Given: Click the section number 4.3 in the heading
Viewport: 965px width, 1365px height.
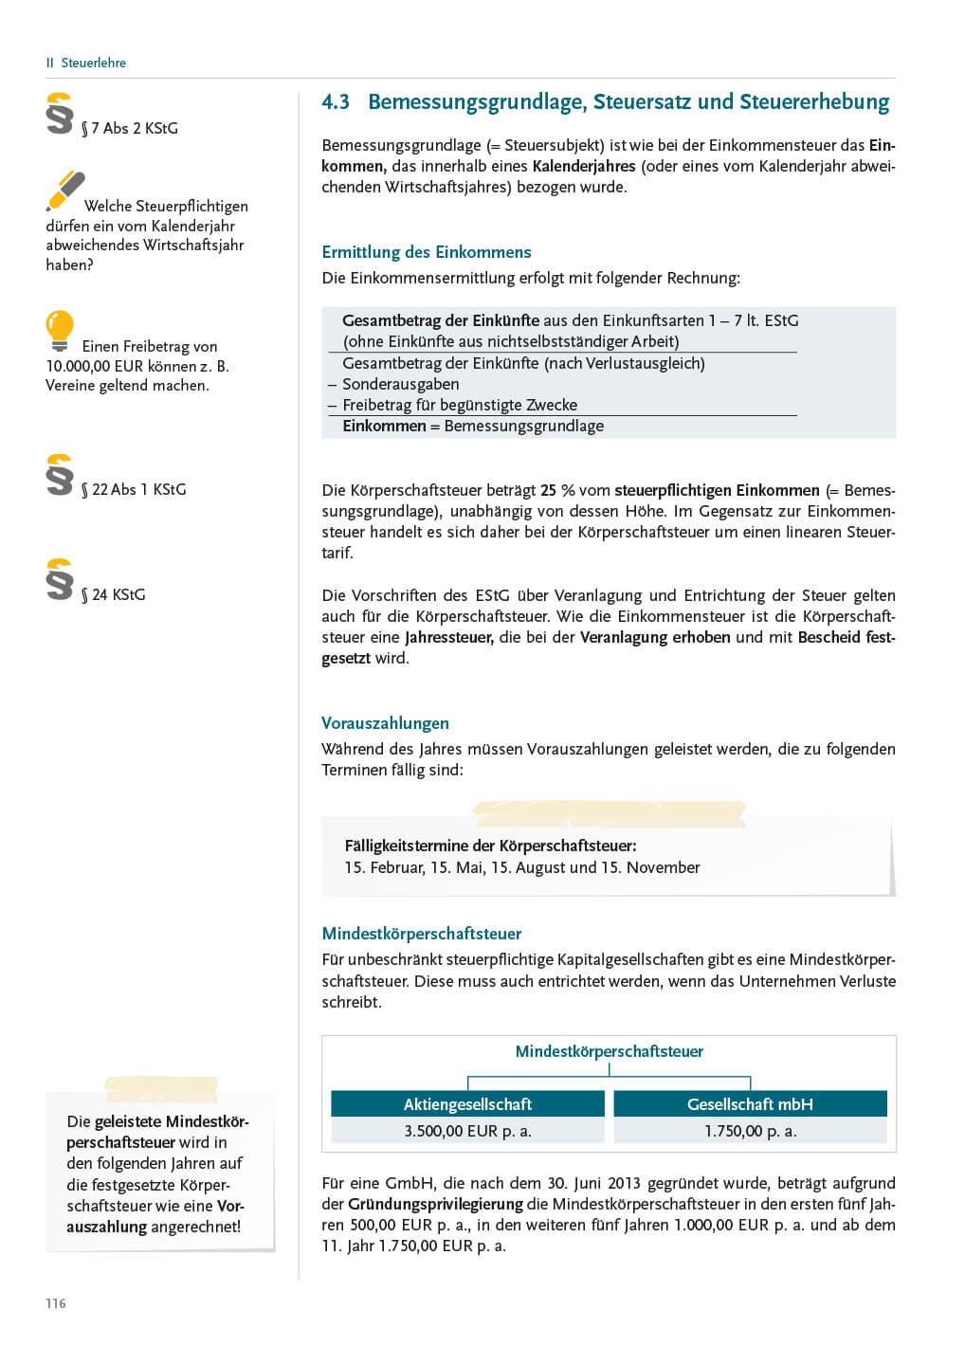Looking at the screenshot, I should pos(336,102).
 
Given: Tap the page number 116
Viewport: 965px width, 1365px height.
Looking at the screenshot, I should pos(56,1303).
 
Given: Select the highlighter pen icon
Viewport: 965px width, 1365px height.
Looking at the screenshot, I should pos(64,191).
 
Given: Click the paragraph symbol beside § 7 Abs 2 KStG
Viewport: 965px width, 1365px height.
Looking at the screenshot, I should pos(59,114).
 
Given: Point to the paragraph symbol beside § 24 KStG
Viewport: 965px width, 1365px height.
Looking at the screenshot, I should pos(59,579).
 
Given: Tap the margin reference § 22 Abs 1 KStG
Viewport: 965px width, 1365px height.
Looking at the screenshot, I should pos(134,489).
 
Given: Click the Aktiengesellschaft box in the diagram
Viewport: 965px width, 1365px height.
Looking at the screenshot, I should pos(467,1104).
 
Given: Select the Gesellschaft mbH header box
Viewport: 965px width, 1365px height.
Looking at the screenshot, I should pos(750,1104).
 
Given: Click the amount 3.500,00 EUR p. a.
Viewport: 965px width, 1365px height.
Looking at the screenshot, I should pos(467,1131).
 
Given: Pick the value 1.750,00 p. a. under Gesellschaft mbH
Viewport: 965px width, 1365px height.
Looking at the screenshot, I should pos(750,1131).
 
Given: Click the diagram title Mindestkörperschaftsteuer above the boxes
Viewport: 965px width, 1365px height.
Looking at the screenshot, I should pos(609,1051).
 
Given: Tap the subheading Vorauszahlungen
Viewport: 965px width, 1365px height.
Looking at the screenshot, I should pos(385,723).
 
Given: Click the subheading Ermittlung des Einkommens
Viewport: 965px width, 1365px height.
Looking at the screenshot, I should pos(426,252).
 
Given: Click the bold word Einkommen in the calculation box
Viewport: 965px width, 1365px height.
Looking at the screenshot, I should pos(384,427).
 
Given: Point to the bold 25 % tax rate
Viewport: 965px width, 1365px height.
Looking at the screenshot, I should pos(557,490).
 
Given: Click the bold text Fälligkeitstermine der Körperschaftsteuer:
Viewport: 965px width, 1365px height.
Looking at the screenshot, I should pos(490,846).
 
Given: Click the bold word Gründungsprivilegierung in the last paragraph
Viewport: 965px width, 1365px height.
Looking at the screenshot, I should pos(435,1204).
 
